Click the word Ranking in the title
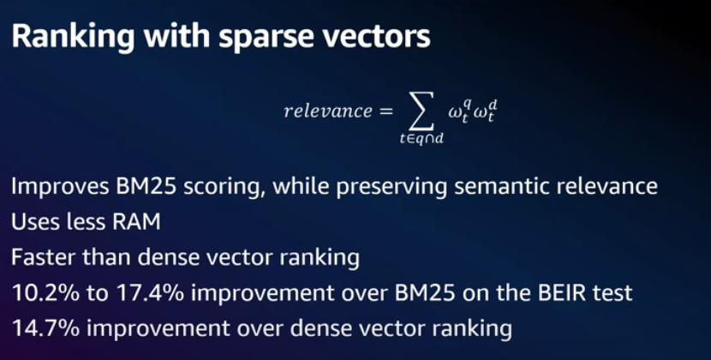pos(73,38)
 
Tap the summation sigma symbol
pos(421,111)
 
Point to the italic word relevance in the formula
pos(327,111)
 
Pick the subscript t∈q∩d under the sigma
pos(421,140)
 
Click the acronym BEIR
pos(559,293)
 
